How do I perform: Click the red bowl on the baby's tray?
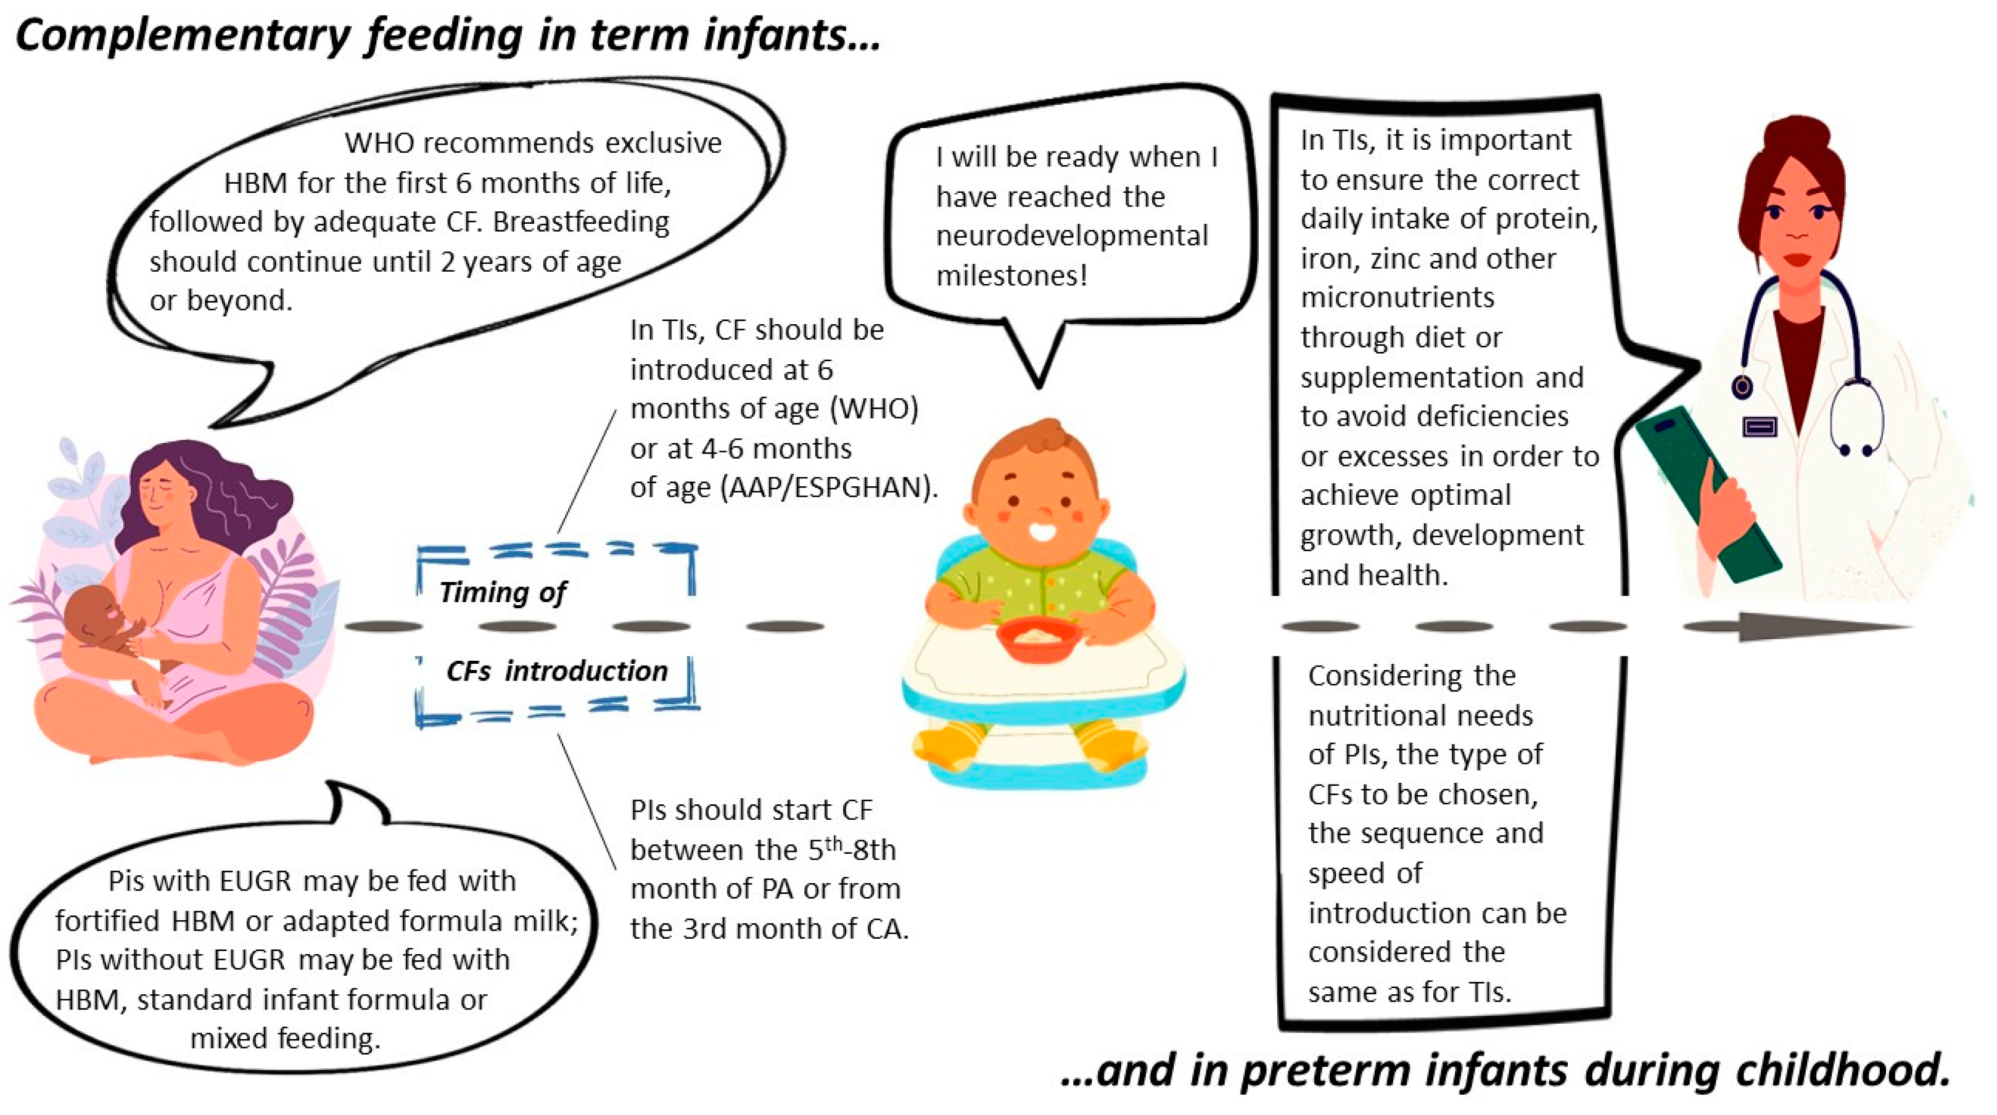click(x=1039, y=639)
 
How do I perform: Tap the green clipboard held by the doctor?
click(x=1705, y=496)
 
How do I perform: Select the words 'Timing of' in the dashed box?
click(x=503, y=593)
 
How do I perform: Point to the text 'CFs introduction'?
click(x=557, y=671)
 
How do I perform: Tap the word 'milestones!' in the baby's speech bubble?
click(x=1011, y=275)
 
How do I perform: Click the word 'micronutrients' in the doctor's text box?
click(x=1397, y=298)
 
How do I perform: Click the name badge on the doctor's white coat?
click(x=1759, y=426)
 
